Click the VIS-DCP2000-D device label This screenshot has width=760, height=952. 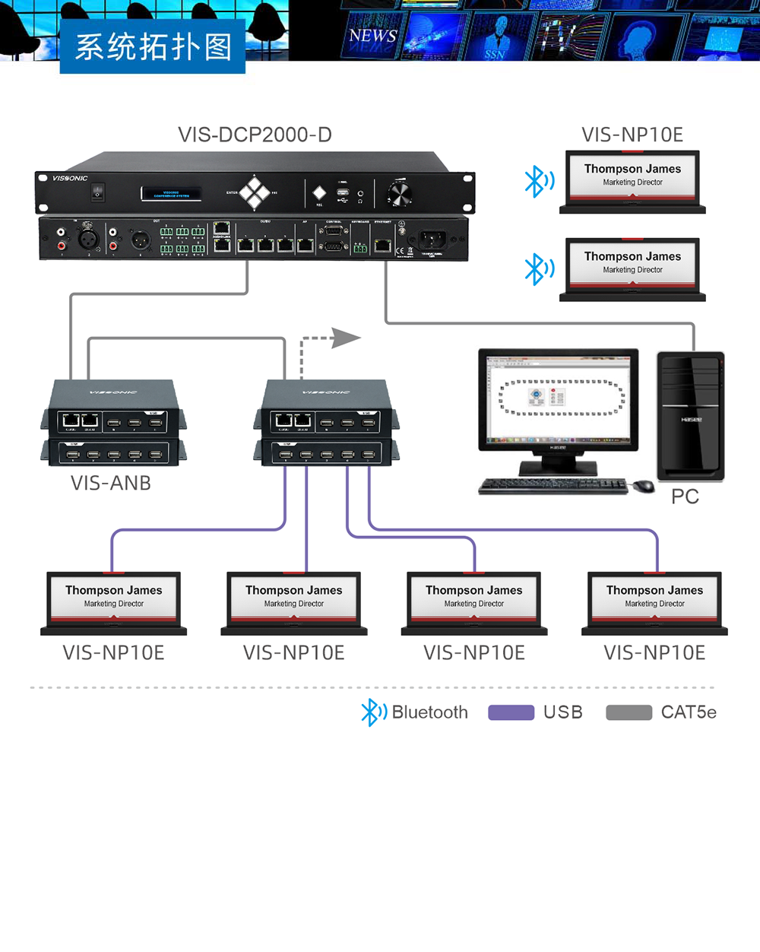click(255, 135)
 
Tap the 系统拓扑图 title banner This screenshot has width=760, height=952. click(153, 47)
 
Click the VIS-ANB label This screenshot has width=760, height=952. click(111, 483)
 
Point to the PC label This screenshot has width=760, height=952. click(685, 497)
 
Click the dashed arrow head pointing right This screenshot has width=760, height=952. click(346, 338)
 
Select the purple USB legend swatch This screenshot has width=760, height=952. click(511, 712)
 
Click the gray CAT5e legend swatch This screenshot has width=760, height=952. click(629, 712)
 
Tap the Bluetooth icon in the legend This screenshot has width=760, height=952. click(372, 712)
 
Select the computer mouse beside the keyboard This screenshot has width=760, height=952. click(644, 486)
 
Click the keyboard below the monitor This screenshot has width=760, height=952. click(553, 486)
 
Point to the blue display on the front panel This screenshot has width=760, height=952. click(171, 193)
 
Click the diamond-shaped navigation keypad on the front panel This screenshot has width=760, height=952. click(256, 192)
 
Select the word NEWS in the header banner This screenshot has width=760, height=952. click(372, 36)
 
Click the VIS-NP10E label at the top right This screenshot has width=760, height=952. click(632, 135)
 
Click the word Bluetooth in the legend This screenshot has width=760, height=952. click(429, 712)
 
